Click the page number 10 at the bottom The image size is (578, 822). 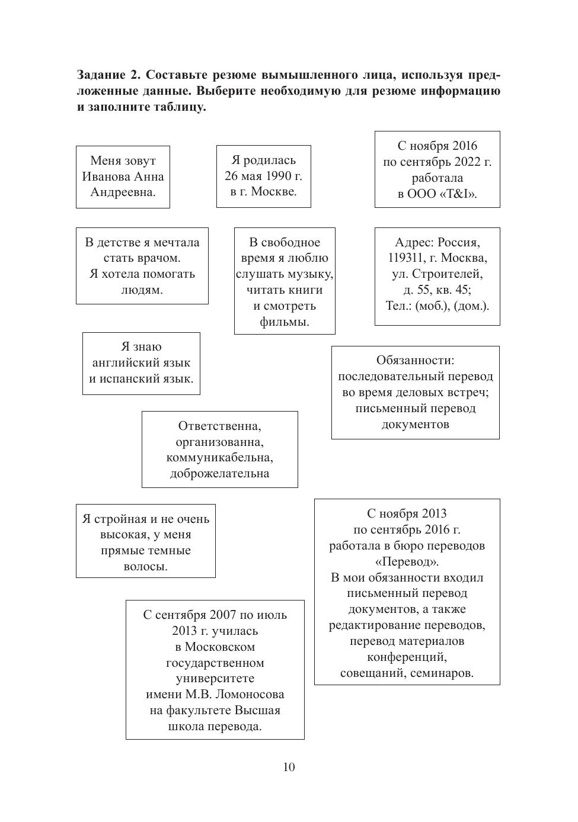click(x=289, y=768)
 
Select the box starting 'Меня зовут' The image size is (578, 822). click(x=123, y=176)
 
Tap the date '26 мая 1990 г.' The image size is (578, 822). click(x=263, y=176)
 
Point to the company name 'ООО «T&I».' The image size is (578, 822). click(x=442, y=194)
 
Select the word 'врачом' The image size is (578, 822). click(x=158, y=258)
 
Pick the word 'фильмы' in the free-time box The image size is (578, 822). click(x=284, y=322)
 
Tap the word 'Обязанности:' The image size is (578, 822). click(x=415, y=360)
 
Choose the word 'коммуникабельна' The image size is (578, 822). click(x=219, y=458)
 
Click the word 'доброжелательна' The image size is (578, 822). click(x=219, y=474)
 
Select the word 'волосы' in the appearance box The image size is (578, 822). click(x=145, y=567)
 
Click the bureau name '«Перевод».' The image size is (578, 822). click(x=407, y=561)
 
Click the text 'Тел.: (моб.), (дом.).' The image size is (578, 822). click(x=437, y=306)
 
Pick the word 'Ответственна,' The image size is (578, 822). click(x=219, y=426)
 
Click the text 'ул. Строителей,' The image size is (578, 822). click(x=437, y=274)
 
